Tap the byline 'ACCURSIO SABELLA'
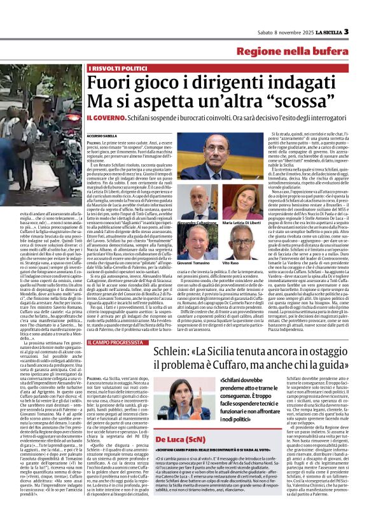pos(103,136)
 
